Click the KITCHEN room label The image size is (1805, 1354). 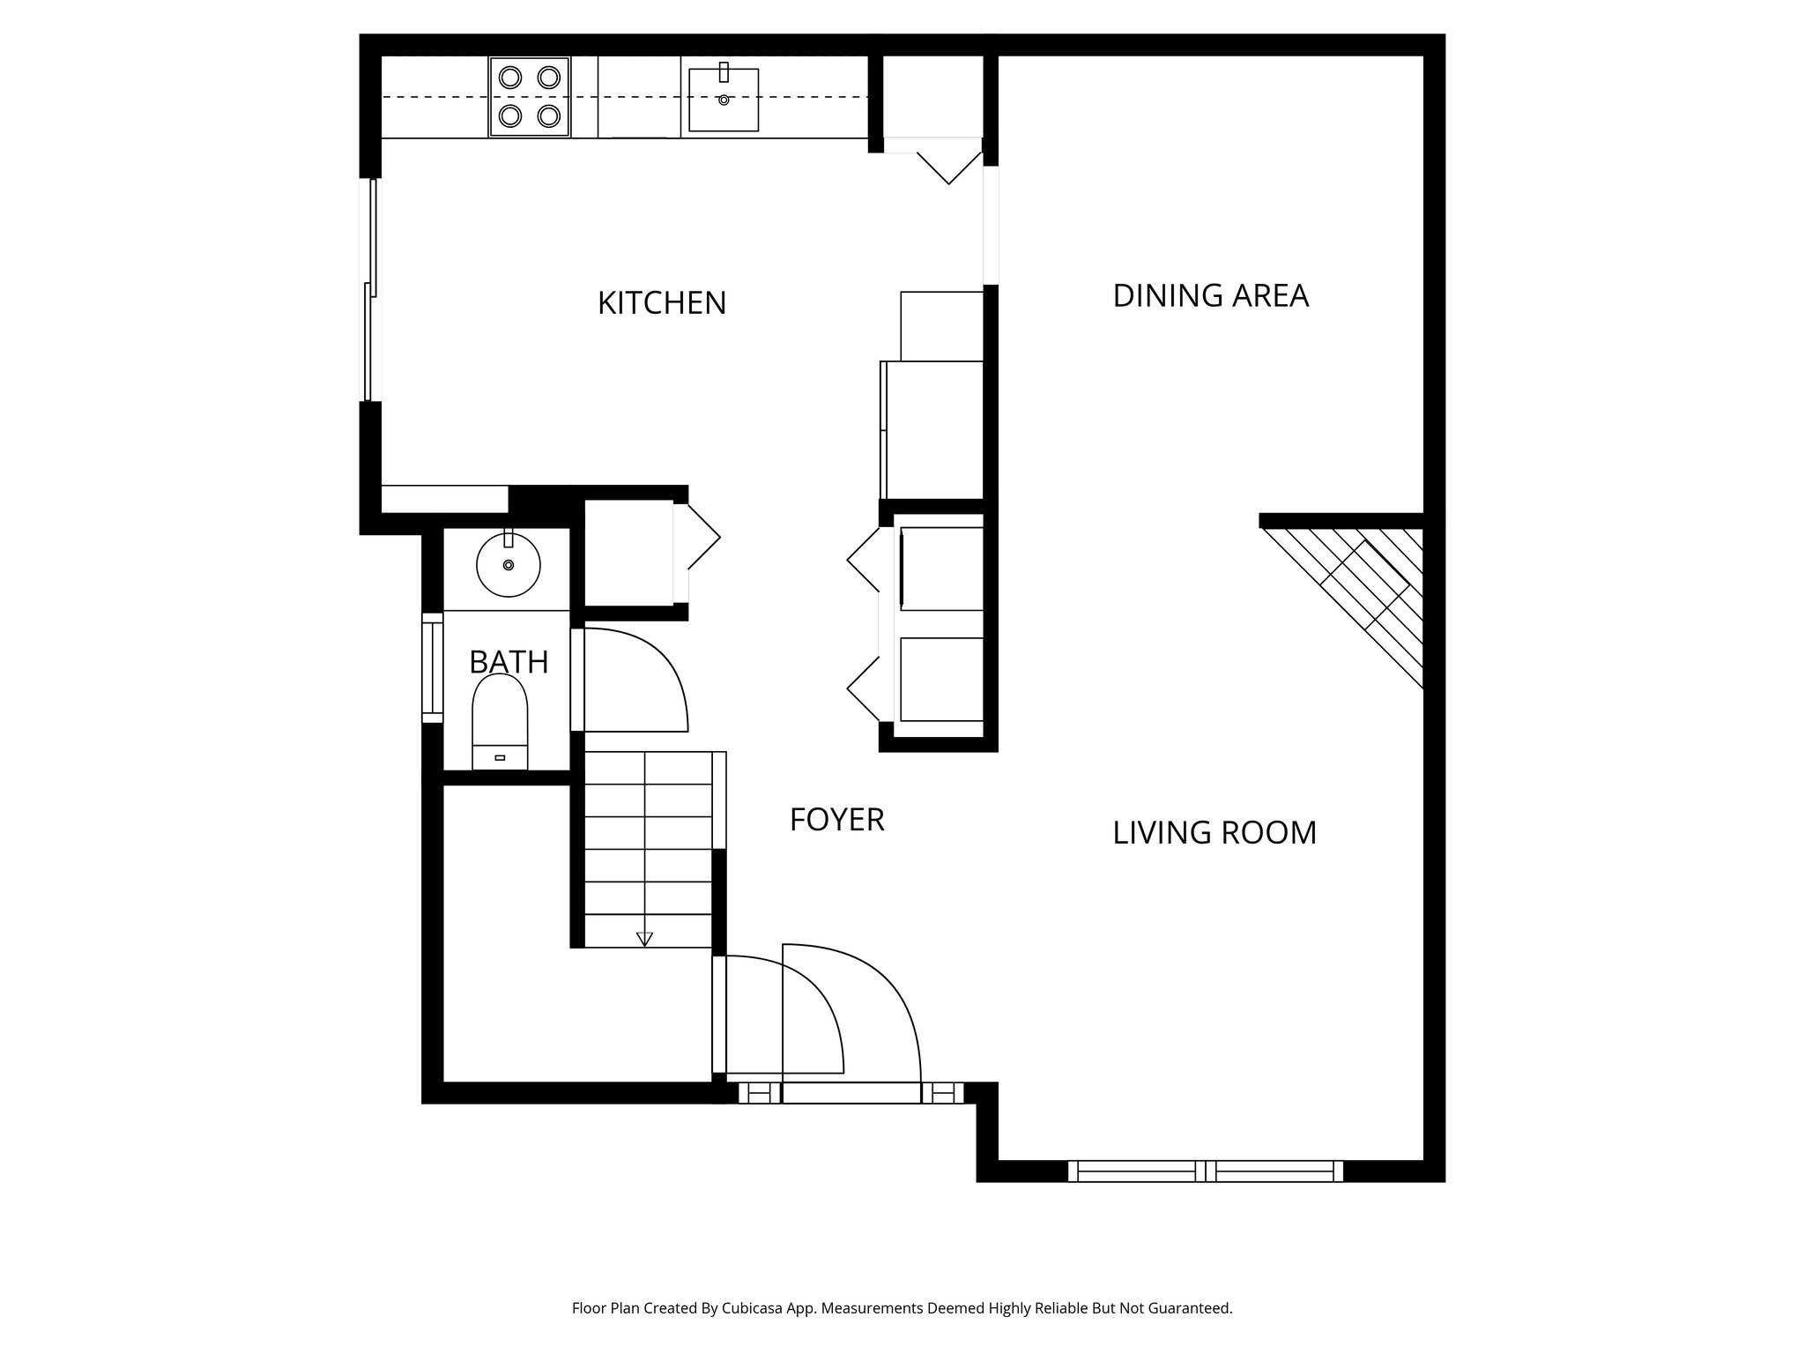(x=662, y=303)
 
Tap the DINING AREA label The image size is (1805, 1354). (x=1210, y=296)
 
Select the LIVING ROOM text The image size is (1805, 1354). (x=1214, y=833)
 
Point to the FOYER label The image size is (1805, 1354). (x=836, y=820)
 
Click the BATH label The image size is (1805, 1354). (x=509, y=662)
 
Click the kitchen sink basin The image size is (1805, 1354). (x=724, y=100)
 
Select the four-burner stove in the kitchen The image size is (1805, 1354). (x=530, y=96)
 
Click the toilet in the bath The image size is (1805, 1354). (x=500, y=721)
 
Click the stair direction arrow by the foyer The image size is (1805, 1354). (x=644, y=939)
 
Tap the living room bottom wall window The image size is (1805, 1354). (x=1205, y=1172)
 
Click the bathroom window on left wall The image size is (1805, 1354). (x=432, y=667)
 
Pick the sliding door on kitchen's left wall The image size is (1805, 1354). (x=371, y=291)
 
